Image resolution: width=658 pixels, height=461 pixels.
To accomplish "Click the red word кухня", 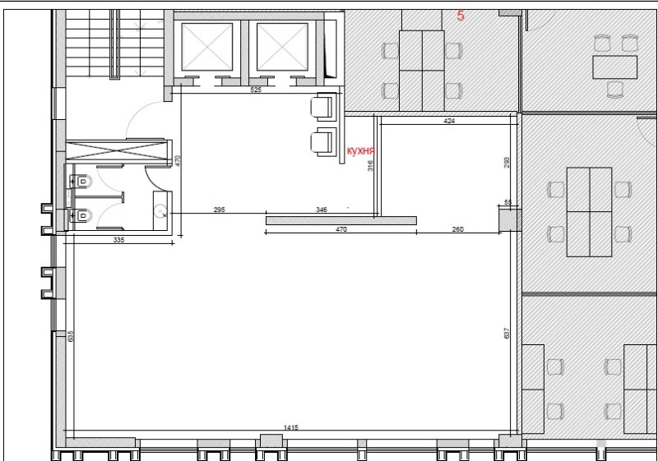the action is click(x=360, y=151).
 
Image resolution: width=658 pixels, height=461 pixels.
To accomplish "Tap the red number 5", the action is click(x=461, y=16).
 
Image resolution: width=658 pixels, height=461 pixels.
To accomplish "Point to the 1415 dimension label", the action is click(x=291, y=427).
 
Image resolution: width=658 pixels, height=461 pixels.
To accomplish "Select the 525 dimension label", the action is click(x=256, y=90).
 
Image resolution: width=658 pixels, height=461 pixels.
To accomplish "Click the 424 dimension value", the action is click(x=449, y=121).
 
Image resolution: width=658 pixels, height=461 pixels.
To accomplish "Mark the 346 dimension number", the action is click(x=322, y=210).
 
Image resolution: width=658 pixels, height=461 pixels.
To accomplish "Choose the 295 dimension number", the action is click(x=219, y=210).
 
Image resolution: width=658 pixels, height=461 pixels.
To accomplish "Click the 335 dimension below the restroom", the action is click(x=118, y=240).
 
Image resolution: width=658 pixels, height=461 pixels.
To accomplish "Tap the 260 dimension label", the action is click(x=458, y=229).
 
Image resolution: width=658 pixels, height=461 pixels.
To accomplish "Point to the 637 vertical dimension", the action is click(x=507, y=333).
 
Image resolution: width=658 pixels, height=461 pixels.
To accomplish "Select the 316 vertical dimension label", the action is click(x=370, y=165).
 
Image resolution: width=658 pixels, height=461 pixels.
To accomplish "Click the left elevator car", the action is click(x=207, y=47).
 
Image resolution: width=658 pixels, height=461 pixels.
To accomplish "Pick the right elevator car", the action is click(x=282, y=47).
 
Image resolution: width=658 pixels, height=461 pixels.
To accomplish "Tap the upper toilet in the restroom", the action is click(x=81, y=182).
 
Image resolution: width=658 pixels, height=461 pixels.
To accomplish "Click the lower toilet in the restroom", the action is click(x=81, y=215).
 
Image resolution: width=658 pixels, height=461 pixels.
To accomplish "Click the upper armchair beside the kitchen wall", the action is click(x=323, y=108).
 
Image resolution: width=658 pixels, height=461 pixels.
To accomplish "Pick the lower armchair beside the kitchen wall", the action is click(x=323, y=142).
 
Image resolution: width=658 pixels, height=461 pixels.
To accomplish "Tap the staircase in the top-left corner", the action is click(x=114, y=44).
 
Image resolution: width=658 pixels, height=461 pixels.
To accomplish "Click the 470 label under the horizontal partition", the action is click(x=341, y=229).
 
